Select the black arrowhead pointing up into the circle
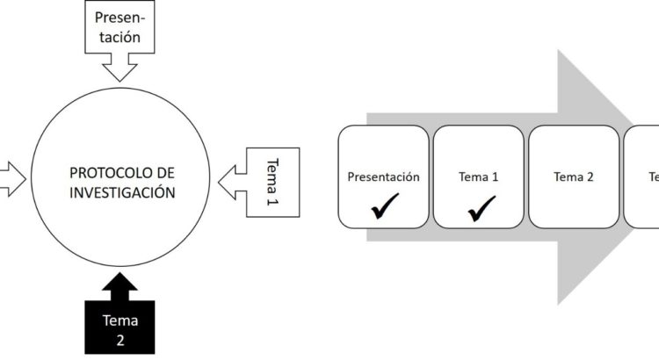point(120,285)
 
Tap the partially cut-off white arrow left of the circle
point(11,180)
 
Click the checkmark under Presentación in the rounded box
point(383,208)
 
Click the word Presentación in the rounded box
point(383,176)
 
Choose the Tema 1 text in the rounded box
point(478,176)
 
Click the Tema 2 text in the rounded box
point(573,176)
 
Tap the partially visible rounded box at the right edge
point(641,176)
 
